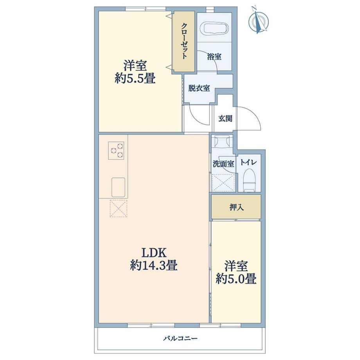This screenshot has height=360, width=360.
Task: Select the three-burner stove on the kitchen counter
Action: tap(116, 150)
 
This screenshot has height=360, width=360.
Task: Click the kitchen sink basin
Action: tap(118, 187)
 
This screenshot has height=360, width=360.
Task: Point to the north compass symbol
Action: tap(258, 21)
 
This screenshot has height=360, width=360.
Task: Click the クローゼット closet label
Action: tap(184, 41)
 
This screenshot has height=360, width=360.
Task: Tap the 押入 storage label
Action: tap(236, 207)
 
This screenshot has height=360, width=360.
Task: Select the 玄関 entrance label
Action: tap(225, 119)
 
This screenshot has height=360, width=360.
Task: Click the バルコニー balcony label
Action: tap(180, 338)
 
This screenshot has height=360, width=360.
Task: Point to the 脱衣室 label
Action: tap(199, 88)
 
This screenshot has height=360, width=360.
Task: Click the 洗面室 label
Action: tap(223, 164)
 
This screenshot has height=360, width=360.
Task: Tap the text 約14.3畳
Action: tap(154, 266)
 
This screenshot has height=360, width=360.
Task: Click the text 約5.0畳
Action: tap(236, 279)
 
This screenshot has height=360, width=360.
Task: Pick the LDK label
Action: tap(154, 252)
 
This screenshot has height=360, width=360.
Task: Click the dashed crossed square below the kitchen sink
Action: tap(119, 208)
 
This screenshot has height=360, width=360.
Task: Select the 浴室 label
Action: tap(214, 56)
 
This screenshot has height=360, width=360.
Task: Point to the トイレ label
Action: tap(248, 162)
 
